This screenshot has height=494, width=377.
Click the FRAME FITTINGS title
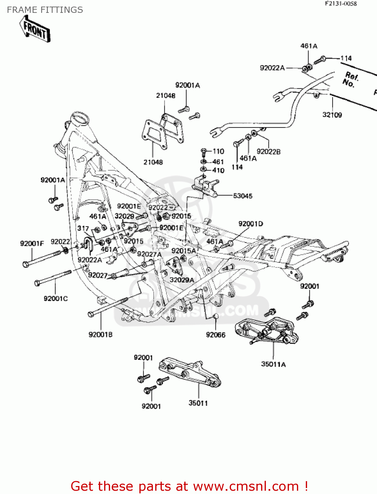(x=45, y=10)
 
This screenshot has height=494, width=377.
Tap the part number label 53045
(x=243, y=196)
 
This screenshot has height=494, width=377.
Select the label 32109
(x=332, y=115)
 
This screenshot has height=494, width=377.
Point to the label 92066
(x=216, y=335)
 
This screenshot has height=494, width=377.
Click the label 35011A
(x=273, y=364)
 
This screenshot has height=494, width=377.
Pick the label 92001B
(x=101, y=335)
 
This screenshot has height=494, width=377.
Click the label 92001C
(x=56, y=298)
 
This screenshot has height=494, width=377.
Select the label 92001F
(x=32, y=244)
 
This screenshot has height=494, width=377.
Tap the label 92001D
(x=250, y=224)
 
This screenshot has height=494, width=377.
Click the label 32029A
(x=182, y=280)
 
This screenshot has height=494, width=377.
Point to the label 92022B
(x=268, y=151)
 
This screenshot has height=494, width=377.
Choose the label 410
(x=218, y=170)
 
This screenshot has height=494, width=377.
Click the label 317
(x=83, y=228)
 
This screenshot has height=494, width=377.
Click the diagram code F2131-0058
(x=341, y=4)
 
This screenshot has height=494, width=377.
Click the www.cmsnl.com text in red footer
(x=246, y=486)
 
